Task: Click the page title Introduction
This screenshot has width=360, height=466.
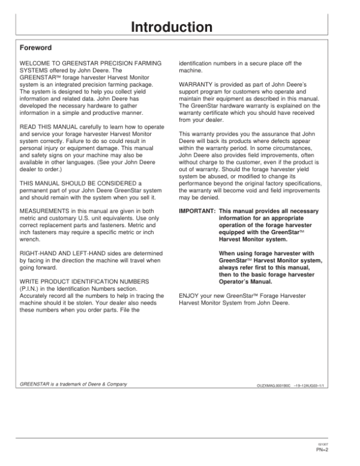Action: [x=172, y=28]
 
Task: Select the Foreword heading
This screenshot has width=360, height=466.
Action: [x=36, y=47]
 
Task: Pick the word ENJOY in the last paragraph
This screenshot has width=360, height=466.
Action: [x=189, y=296]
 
